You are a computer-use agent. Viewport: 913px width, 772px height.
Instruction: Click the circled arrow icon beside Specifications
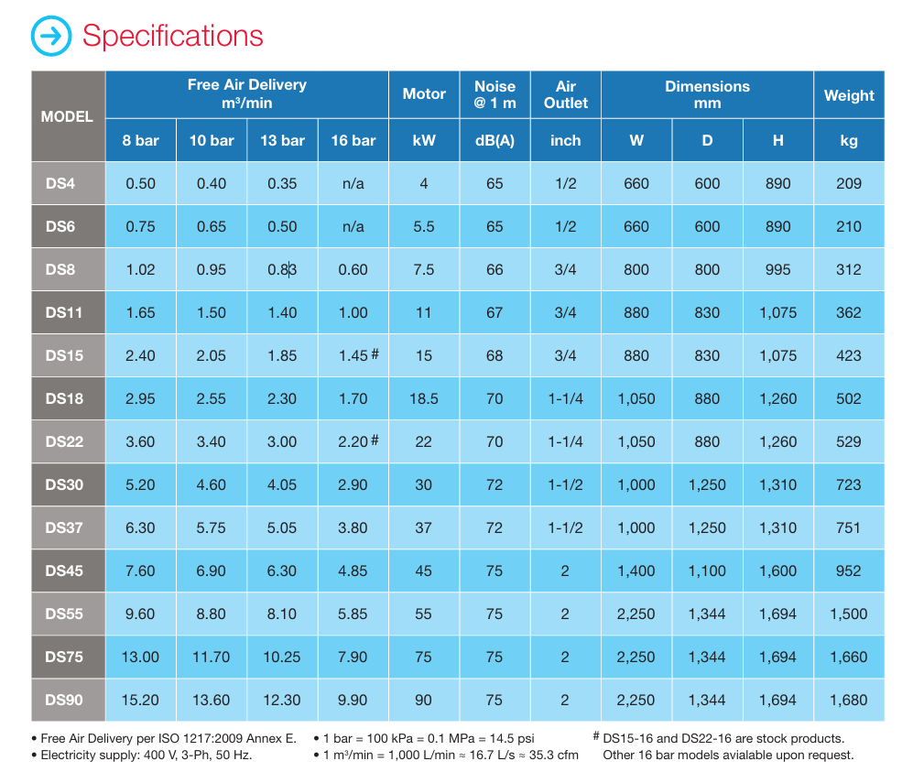click(x=51, y=36)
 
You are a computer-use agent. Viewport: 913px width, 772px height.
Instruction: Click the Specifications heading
click(x=172, y=36)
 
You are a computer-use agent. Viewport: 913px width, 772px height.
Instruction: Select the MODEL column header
click(x=67, y=116)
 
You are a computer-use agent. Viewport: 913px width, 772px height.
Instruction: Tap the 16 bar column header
click(x=353, y=140)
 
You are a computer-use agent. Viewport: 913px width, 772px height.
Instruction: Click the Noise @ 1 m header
click(x=495, y=94)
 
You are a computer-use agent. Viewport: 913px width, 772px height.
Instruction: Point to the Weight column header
click(x=849, y=95)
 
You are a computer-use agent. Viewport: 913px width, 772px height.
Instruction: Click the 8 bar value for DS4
click(x=140, y=183)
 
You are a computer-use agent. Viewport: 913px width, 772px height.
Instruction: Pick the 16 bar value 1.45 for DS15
click(x=353, y=355)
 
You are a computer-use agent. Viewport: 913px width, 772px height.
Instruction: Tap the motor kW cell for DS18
click(x=423, y=398)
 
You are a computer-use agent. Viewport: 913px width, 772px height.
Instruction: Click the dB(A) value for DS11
click(x=495, y=312)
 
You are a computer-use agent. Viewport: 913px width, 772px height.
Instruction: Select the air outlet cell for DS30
click(x=565, y=484)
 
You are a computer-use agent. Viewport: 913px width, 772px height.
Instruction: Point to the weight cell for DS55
click(x=849, y=614)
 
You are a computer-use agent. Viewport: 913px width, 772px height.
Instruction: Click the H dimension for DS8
click(x=777, y=269)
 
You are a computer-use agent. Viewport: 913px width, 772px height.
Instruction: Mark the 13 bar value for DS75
click(x=282, y=657)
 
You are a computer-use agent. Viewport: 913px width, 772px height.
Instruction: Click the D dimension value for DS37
click(x=707, y=527)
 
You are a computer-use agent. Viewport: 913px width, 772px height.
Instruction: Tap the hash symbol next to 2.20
click(x=375, y=440)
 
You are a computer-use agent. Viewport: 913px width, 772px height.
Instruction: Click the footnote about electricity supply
click(x=147, y=756)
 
